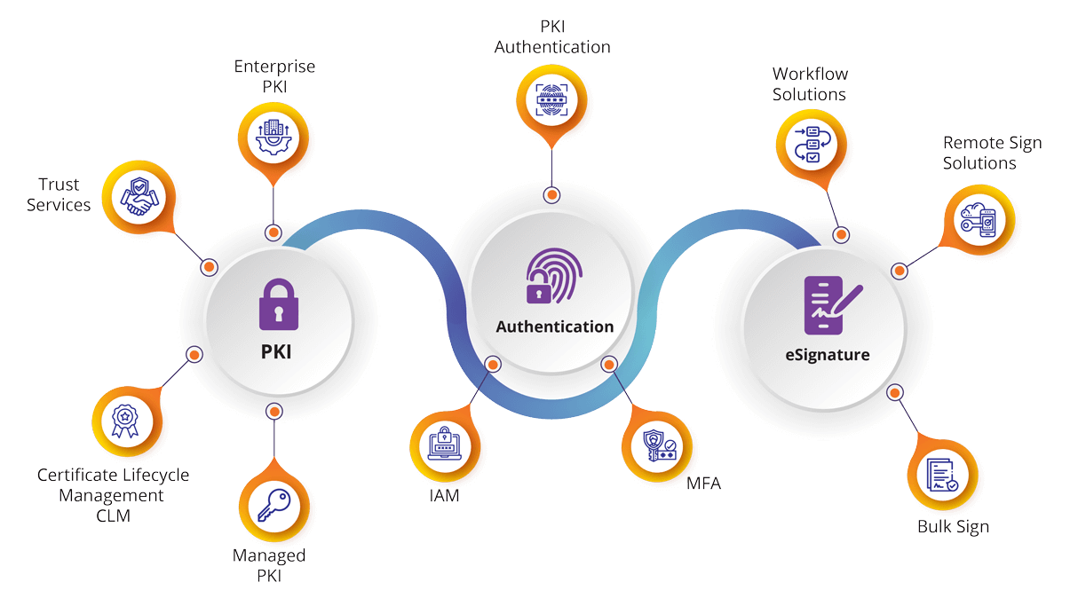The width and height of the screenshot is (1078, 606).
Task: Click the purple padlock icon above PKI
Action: [279, 305]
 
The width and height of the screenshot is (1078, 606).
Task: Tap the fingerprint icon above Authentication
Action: [554, 276]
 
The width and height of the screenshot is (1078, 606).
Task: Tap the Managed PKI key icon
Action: [272, 505]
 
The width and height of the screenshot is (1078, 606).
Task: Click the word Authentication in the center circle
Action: [554, 327]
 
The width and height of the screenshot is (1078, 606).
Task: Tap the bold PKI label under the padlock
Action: [276, 352]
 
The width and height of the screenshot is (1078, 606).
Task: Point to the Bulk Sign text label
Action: [953, 527]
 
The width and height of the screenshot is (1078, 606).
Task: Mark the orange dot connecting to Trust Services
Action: [210, 266]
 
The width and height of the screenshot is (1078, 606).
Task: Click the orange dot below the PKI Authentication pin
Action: [552, 194]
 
